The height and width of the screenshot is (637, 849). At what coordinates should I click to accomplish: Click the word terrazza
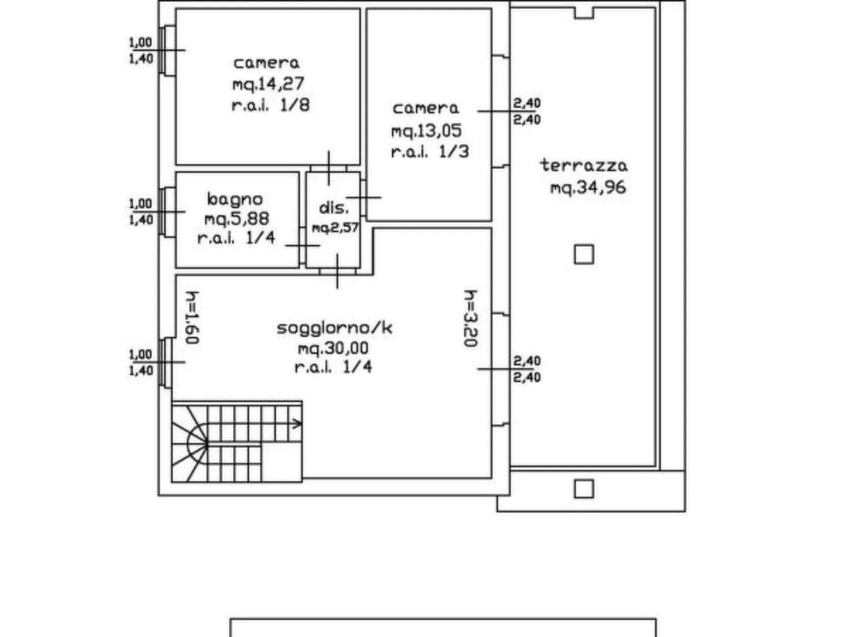pos(584,165)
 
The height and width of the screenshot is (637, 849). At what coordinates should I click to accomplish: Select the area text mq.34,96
pos(588,188)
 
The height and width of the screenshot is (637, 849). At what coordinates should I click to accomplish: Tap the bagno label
pos(235,200)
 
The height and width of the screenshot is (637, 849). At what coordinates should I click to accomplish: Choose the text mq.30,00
pos(333,349)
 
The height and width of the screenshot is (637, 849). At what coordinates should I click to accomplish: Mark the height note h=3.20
pos(470,318)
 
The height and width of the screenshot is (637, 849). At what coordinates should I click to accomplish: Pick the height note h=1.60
pos(192,318)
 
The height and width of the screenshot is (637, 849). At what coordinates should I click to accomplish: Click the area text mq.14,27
pos(268,84)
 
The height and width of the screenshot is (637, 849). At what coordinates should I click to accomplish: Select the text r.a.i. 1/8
pos(271,105)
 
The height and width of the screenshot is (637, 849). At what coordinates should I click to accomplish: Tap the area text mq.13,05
pos(427,131)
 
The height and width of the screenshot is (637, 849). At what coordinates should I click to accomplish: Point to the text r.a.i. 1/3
pos(430,152)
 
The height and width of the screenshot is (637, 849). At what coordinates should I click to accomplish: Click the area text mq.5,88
pos(237,219)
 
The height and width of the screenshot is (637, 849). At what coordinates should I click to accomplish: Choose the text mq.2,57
pos(335,228)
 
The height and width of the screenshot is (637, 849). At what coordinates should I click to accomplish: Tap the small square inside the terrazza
pos(584,254)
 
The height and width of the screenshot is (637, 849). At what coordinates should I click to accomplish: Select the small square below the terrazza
pos(584,489)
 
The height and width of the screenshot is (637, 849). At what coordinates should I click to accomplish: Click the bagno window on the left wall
pos(167,211)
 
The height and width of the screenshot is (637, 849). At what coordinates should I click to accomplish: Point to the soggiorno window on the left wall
pos(167,363)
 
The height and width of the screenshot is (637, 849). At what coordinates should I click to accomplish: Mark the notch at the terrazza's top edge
pos(584,13)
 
